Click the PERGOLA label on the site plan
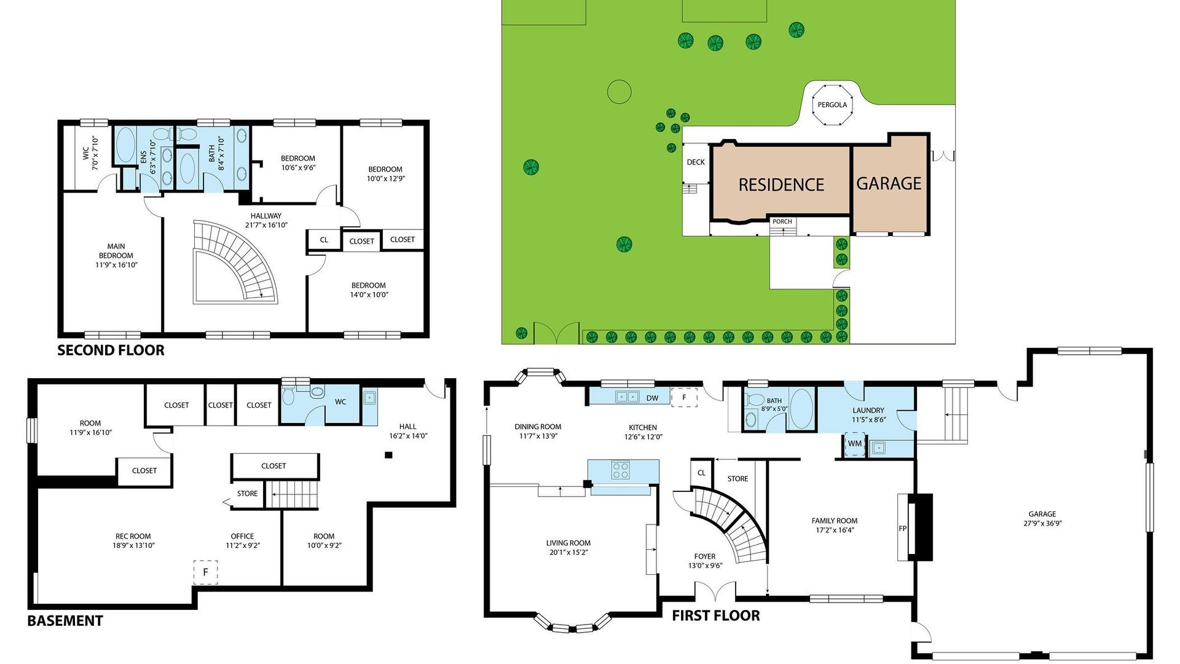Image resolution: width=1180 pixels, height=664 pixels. coord(832,105)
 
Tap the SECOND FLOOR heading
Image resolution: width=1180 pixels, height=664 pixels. coord(111,350)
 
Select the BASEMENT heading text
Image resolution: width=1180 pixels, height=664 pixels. coord(65,621)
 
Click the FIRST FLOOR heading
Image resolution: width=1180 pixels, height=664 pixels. coord(715,615)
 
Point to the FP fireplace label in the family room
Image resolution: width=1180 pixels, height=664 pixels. coord(903,528)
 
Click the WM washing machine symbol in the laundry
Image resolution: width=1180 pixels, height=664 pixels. coord(854,443)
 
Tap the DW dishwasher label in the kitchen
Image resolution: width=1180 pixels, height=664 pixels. coord(652,398)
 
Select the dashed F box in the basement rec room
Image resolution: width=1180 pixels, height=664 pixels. coord(206,572)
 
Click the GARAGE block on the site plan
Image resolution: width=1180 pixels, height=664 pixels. coord(889,183)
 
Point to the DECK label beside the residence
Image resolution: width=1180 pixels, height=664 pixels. coord(696,162)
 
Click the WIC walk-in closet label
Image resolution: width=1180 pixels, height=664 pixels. coord(86,153)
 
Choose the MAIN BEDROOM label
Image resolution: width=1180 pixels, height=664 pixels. coord(116,255)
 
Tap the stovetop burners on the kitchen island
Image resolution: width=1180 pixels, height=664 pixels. coord(620,470)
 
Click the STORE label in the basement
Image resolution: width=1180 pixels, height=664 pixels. coord(248,494)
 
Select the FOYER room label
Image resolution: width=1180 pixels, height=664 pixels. coord(704,556)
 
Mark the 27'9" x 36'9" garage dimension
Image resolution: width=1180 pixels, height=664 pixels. coord(1042,524)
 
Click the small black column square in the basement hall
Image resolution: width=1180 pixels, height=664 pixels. coord(388,455)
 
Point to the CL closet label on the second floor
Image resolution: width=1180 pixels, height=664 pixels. coord(324,240)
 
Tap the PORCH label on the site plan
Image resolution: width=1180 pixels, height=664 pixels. coord(782,221)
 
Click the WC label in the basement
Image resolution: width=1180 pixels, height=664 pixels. coord(340,402)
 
